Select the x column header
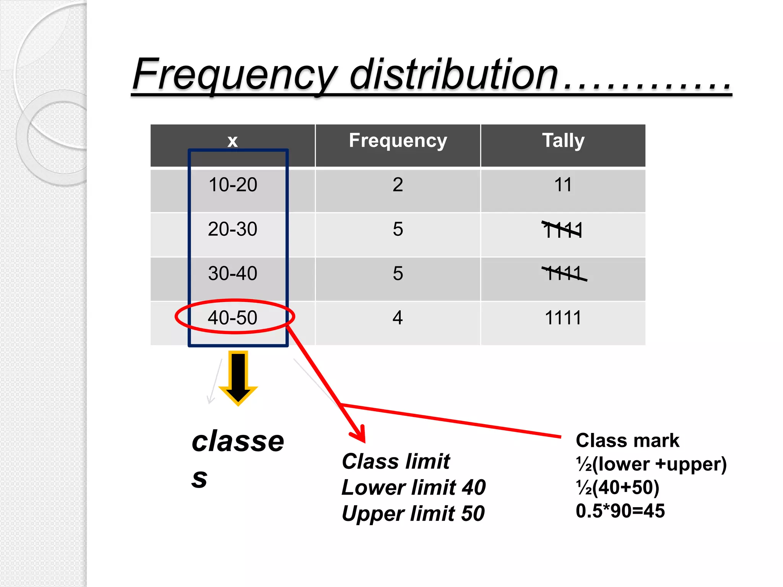[232, 141]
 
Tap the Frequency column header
[398, 140]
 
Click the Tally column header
[563, 140]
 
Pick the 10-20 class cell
[232, 185]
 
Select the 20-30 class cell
[232, 229]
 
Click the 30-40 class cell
[232, 274]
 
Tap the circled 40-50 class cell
[232, 318]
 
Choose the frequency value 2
[398, 185]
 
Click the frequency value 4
[398, 318]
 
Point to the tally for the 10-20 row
[563, 185]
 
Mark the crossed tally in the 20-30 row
[562, 230]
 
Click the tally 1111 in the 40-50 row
[563, 318]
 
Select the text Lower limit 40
[413, 488]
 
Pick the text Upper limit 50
[413, 513]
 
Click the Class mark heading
[627, 440]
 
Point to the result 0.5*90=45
[620, 511]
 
